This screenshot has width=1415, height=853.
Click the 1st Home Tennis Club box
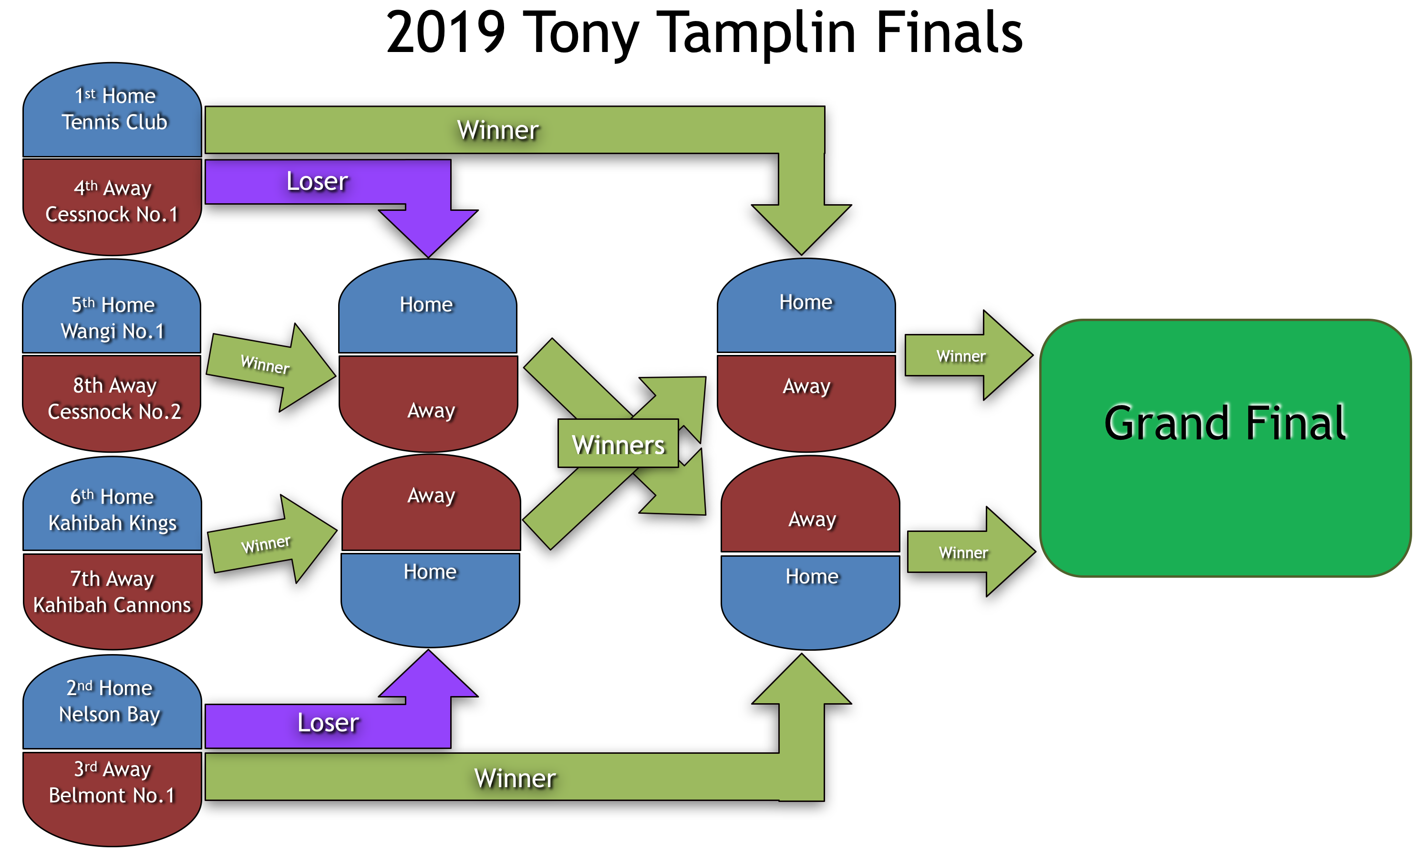tap(113, 109)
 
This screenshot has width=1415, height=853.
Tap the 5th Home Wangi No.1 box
tap(113, 317)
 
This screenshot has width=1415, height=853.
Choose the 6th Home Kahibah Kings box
tap(113, 509)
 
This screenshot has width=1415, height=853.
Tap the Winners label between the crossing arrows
tap(619, 444)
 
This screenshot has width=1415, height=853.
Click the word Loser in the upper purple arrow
tap(317, 181)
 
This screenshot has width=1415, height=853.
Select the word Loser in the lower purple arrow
tap(328, 723)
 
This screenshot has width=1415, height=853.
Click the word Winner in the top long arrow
tap(497, 130)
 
